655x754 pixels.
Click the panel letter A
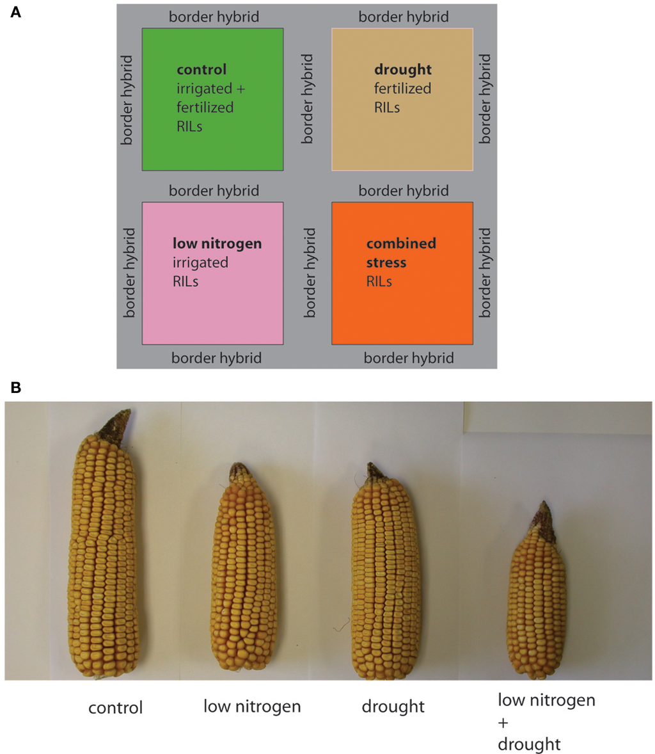coord(15,12)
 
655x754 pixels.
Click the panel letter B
coord(15,388)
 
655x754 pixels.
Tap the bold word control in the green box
coord(201,69)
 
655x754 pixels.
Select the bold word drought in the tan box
coord(403,70)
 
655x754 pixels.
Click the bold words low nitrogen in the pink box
coord(217,243)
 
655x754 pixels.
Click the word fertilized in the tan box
coord(403,88)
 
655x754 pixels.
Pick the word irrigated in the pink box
coord(200,263)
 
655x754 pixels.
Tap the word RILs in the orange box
coord(379,281)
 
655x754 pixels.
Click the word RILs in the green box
coord(189,127)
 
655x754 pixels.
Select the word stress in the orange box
coord(386,262)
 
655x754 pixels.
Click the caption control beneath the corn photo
coord(115,708)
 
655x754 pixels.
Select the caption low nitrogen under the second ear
coord(252,707)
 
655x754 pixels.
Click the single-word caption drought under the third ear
coord(393,707)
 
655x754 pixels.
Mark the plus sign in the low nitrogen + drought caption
coord(503,723)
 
